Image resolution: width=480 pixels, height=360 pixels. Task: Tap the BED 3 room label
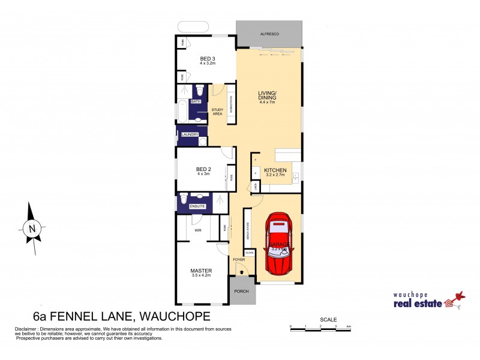click(208, 59)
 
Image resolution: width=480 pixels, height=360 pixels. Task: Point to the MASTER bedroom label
click(200, 271)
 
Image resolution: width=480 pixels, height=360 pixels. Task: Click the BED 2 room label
click(204, 169)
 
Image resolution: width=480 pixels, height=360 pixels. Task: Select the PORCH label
click(242, 291)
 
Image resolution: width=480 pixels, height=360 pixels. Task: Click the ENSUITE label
click(197, 206)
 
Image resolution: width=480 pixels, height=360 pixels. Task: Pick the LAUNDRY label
click(190, 134)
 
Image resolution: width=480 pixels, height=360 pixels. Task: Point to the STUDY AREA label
click(218, 111)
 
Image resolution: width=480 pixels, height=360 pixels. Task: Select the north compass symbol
click(32, 227)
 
